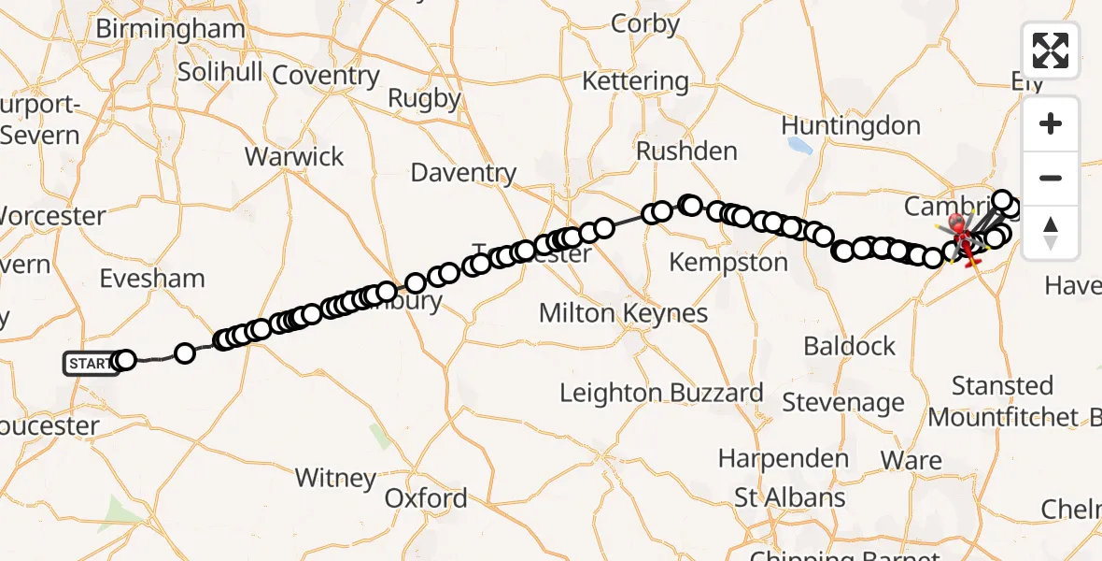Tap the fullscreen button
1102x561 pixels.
(1051, 50)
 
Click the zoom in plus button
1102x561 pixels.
(1051, 123)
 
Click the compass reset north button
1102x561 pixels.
(1051, 232)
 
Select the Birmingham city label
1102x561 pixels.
(170, 29)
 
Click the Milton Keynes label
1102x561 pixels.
(623, 313)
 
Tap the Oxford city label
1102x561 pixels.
(426, 497)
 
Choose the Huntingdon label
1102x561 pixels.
(850, 125)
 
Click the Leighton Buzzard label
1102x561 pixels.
(661, 393)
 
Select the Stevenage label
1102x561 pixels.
(843, 403)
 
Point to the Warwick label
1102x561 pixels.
(294, 156)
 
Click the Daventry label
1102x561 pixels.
(463, 173)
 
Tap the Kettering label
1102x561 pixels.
(635, 81)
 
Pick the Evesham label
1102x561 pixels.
(152, 279)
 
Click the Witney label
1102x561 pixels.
(335, 478)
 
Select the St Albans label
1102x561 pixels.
(790, 497)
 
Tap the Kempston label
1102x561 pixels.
(728, 263)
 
